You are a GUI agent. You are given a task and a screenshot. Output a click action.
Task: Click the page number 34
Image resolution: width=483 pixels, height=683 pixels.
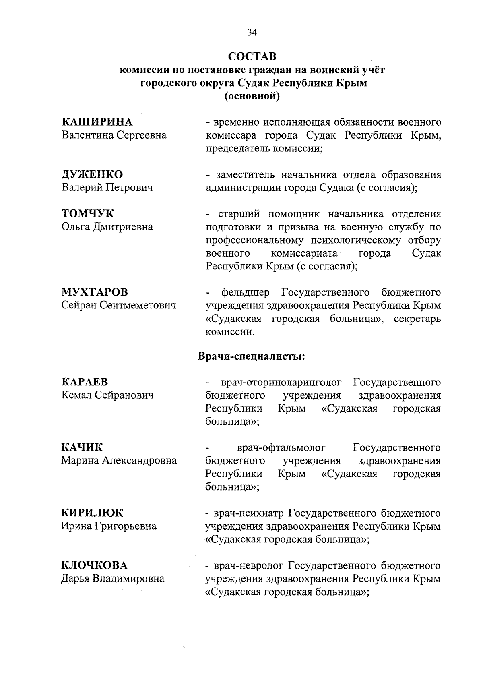coord(252,33)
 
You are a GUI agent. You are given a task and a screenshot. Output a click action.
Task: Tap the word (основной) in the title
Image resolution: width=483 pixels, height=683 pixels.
coord(252,96)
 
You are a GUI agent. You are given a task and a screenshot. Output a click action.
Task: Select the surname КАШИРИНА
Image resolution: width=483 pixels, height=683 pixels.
coord(97,122)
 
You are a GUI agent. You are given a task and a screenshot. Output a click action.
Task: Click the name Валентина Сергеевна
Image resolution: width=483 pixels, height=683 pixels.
coord(114,135)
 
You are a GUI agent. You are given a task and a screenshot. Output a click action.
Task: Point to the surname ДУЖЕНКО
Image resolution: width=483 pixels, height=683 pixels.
coord(92,174)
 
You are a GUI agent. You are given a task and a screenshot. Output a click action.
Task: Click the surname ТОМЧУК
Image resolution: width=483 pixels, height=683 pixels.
coord(87,213)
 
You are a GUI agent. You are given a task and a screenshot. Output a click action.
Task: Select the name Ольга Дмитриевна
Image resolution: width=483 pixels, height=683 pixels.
coord(107,227)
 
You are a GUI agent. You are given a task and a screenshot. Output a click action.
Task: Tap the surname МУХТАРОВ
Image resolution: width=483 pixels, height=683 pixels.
coord(95,292)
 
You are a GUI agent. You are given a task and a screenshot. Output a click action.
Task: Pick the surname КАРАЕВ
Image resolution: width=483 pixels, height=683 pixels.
coord(85,382)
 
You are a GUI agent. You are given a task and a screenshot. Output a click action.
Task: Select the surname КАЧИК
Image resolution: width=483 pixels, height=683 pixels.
coord(82,447)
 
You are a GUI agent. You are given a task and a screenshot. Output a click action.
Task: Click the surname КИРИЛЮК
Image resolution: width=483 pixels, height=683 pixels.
coord(92,513)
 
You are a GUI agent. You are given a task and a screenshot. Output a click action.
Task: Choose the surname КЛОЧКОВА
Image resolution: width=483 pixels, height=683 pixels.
coord(94,565)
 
